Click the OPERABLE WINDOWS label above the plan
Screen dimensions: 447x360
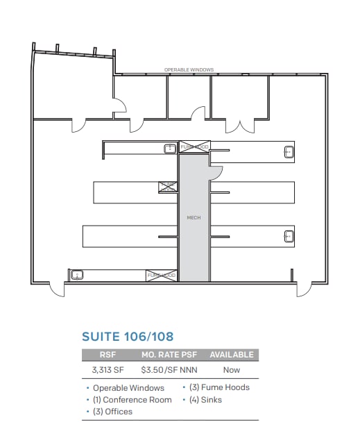coord(189,70)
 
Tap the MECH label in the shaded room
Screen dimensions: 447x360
coord(194,218)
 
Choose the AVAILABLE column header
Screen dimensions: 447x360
coord(232,355)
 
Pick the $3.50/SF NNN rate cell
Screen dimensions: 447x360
coord(169,370)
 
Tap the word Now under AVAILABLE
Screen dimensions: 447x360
coord(232,370)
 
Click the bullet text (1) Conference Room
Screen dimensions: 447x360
coord(132,400)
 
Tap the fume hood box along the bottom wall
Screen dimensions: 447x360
coord(162,276)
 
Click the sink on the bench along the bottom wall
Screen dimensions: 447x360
coord(78,276)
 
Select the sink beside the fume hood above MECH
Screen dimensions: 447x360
coord(169,148)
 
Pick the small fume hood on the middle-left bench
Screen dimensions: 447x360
coord(168,187)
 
